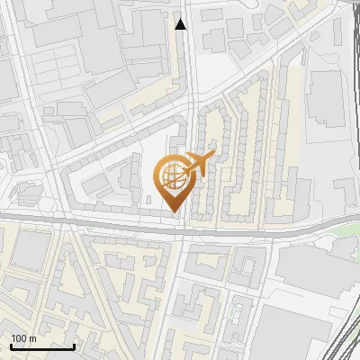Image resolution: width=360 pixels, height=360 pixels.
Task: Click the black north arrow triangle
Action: [x=181, y=24]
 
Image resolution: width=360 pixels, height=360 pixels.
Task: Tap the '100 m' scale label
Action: [x=23, y=338]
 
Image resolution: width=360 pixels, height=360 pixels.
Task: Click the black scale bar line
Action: [x=42, y=346]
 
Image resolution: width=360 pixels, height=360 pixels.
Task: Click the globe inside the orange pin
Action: [x=173, y=178]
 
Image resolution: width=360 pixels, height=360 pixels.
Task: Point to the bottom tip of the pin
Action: [x=174, y=212]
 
